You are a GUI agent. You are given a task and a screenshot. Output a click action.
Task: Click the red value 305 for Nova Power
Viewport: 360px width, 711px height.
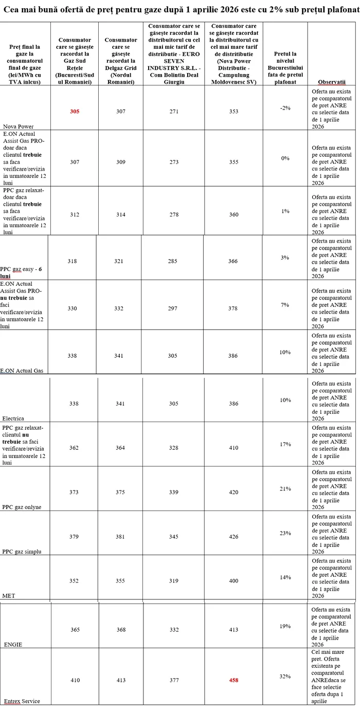point(75,111)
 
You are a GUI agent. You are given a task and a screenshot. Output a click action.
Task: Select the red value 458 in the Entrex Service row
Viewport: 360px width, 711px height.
point(233,680)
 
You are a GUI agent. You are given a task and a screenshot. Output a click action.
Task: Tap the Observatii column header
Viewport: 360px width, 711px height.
point(332,82)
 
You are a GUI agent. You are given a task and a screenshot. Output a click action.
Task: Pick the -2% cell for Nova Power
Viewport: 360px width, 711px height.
point(285,108)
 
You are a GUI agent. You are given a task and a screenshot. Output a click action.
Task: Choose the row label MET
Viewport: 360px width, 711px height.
point(9,596)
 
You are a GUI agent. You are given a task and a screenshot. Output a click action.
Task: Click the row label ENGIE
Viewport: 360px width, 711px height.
point(13,644)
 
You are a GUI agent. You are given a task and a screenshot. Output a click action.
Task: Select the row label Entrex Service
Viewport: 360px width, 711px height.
point(22,701)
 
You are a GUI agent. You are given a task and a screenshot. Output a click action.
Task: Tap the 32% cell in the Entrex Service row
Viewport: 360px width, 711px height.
point(285,677)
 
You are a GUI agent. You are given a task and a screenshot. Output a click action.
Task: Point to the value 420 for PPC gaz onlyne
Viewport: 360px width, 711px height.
point(233,492)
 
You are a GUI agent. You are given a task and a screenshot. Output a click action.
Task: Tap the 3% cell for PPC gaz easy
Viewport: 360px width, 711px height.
point(285,258)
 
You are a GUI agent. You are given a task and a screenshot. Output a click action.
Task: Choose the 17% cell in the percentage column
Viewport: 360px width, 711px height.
point(285,444)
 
